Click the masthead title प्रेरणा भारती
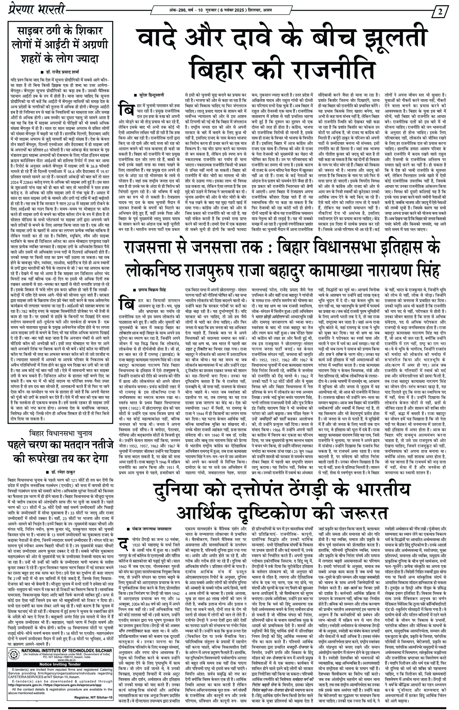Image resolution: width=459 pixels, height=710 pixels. (36, 10)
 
